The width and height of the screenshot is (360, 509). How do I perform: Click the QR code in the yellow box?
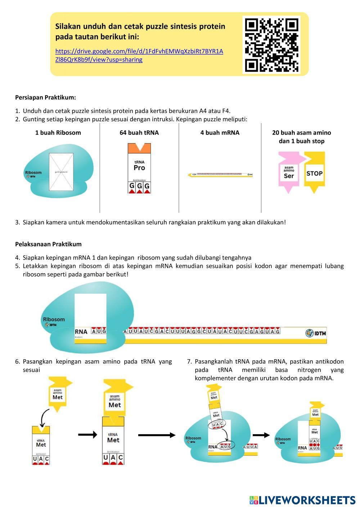click(x=272, y=45)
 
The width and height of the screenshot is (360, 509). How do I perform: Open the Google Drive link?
click(x=139, y=55)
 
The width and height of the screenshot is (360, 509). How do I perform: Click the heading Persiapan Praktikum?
click(x=45, y=98)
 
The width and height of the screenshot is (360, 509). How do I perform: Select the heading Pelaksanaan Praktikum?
click(x=48, y=244)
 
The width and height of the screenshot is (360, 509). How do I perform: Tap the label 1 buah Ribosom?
click(x=58, y=133)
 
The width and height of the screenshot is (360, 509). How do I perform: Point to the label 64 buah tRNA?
click(x=139, y=133)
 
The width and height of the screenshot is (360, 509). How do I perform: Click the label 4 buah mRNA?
click(x=220, y=133)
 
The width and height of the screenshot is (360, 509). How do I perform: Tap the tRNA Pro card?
click(x=139, y=168)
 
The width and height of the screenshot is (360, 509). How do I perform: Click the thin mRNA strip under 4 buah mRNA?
click(x=220, y=175)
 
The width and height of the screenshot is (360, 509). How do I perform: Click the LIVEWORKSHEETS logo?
click(x=302, y=500)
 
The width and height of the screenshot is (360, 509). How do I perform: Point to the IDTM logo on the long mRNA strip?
click(x=316, y=333)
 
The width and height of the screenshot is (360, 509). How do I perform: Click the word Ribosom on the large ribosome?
click(x=54, y=319)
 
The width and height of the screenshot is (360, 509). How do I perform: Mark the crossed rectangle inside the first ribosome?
click(x=61, y=172)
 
